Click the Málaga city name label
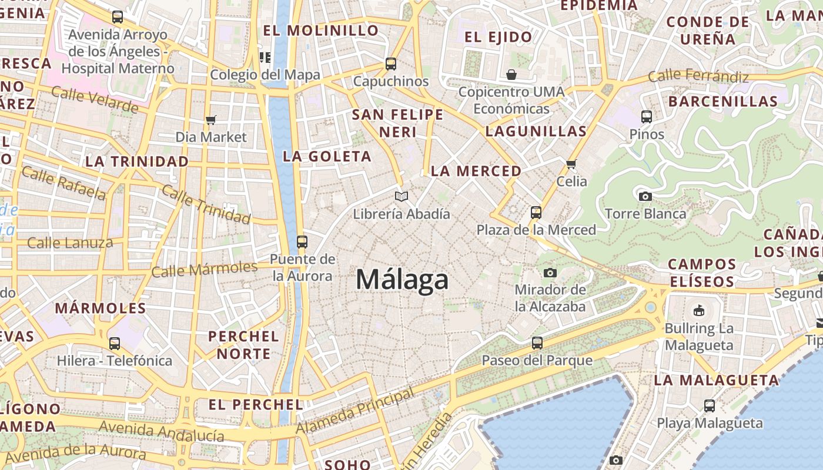402,280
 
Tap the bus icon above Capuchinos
391,63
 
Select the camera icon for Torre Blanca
645,196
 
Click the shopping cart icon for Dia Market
211,120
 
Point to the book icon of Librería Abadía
402,196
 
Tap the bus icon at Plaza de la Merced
536,212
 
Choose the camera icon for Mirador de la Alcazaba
550,272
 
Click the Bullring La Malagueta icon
699,310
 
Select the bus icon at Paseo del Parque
537,343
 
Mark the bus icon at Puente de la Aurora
302,241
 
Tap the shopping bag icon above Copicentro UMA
511,75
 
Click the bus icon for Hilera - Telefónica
115,343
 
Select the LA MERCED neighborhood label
476,171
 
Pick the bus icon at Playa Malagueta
710,405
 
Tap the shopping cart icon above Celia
571,164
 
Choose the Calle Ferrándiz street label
698,76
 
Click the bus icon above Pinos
647,116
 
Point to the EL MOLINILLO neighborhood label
320,31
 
